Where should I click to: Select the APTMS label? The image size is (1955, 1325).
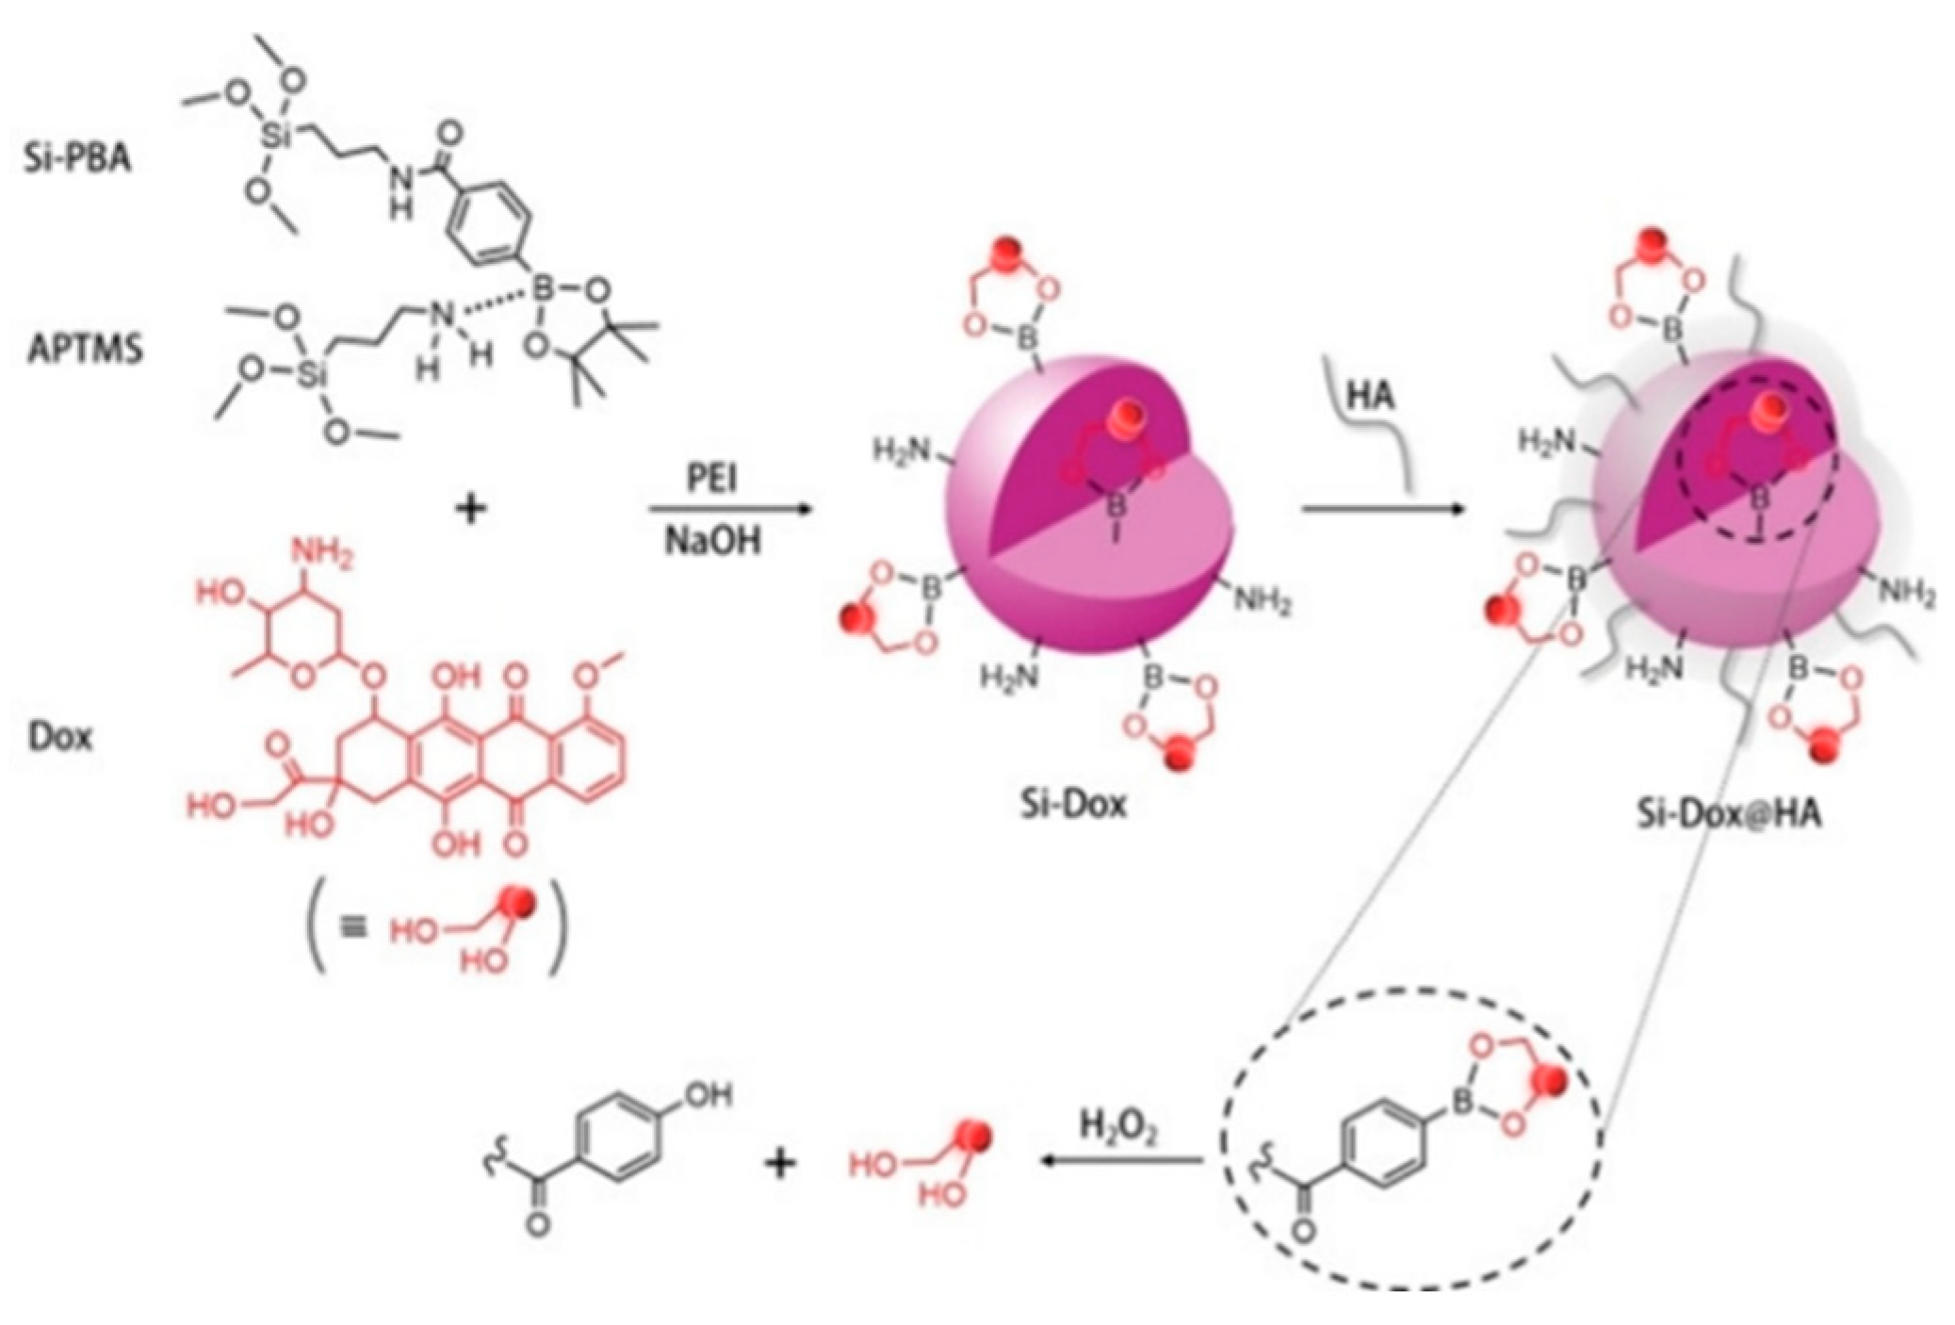84,351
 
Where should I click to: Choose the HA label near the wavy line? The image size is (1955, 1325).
1371,396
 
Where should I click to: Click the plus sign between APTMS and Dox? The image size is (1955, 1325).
471,511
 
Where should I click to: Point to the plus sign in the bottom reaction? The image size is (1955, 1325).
780,1165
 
